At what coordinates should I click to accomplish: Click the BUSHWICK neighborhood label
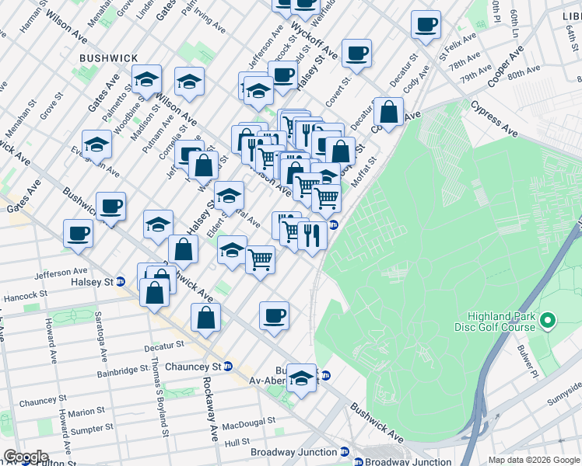click(108, 58)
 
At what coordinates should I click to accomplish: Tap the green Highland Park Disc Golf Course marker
click(549, 320)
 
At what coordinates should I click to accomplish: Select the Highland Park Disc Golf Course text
click(501, 322)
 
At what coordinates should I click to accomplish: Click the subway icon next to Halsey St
click(121, 282)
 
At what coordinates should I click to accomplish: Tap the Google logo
click(25, 457)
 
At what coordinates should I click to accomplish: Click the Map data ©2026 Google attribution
click(533, 459)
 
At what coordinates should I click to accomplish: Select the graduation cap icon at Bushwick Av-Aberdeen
click(301, 378)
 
